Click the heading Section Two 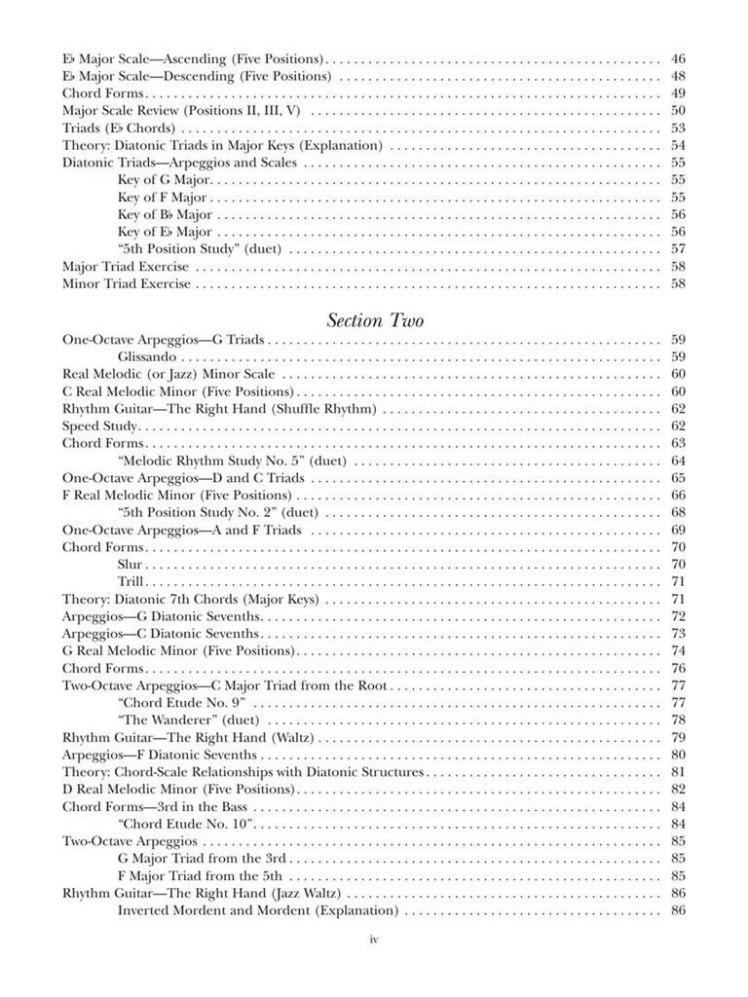[375, 319]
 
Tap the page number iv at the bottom [373, 939]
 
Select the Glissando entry [146, 356]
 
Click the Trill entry [131, 581]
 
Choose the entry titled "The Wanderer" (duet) [187, 720]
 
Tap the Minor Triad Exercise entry [126, 284]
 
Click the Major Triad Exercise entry [126, 267]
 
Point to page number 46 [678, 59]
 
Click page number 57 [678, 249]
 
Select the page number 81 [678, 772]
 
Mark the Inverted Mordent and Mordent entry [258, 910]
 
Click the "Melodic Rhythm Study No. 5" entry [232, 461]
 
